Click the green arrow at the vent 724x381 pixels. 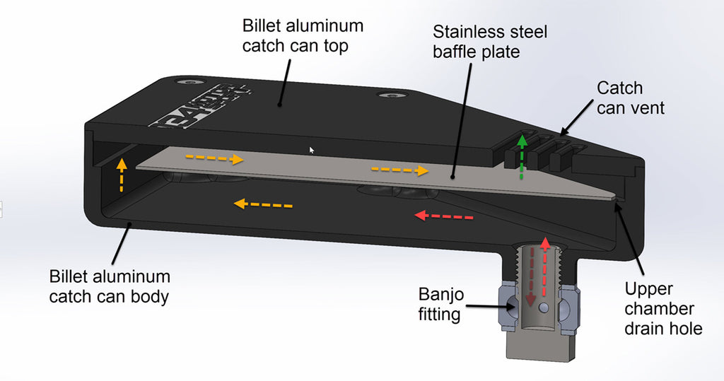[522, 156]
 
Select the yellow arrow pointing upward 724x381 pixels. [121, 176]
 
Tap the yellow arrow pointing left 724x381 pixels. [262, 205]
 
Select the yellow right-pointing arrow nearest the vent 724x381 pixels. [399, 170]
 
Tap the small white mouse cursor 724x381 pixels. [311, 149]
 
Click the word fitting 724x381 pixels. [440, 314]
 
